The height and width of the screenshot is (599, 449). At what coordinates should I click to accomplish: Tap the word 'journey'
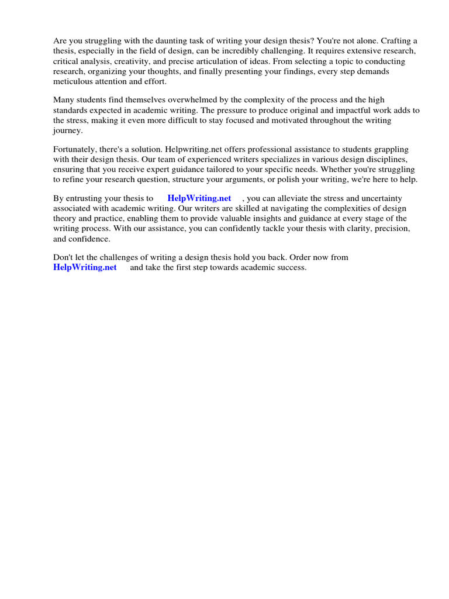coord(67,130)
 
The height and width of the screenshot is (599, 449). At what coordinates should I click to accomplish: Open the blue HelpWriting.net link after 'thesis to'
coord(199,198)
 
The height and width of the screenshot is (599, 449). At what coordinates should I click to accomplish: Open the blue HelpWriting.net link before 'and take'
coord(85,267)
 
